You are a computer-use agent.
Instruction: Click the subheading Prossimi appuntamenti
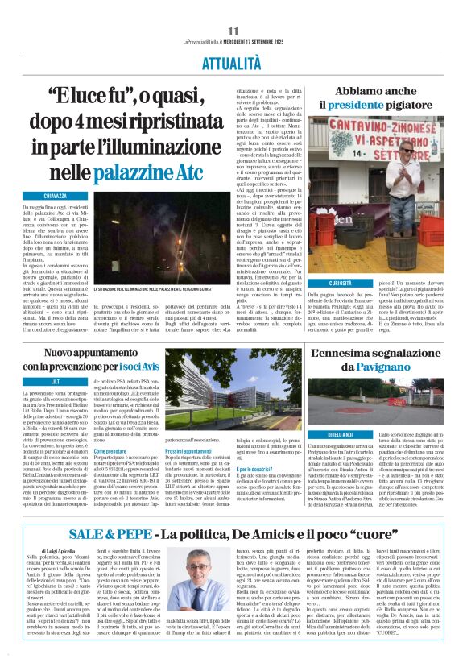190,452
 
